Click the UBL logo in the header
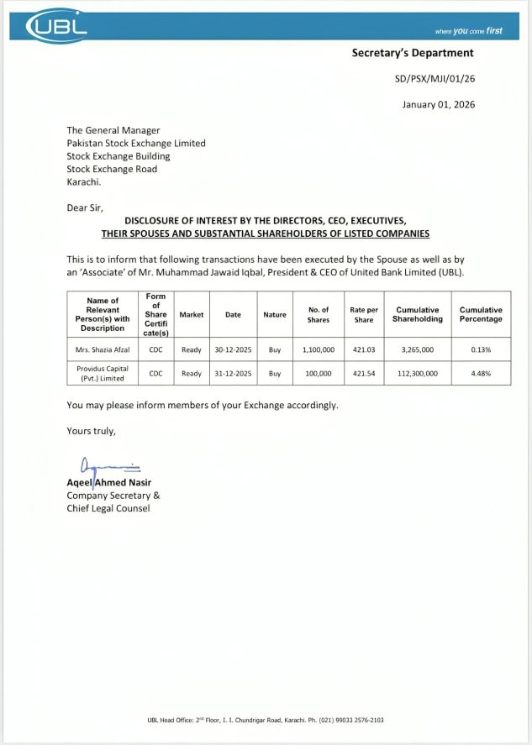57,27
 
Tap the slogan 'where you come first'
468,31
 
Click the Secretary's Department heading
412,53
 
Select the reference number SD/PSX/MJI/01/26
434,80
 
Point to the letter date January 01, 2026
437,105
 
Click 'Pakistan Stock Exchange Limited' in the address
136,143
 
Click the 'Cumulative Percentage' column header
481,314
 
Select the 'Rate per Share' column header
364,314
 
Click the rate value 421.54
364,373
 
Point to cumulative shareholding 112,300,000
417,373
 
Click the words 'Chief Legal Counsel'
108,508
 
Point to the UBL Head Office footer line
266,720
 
